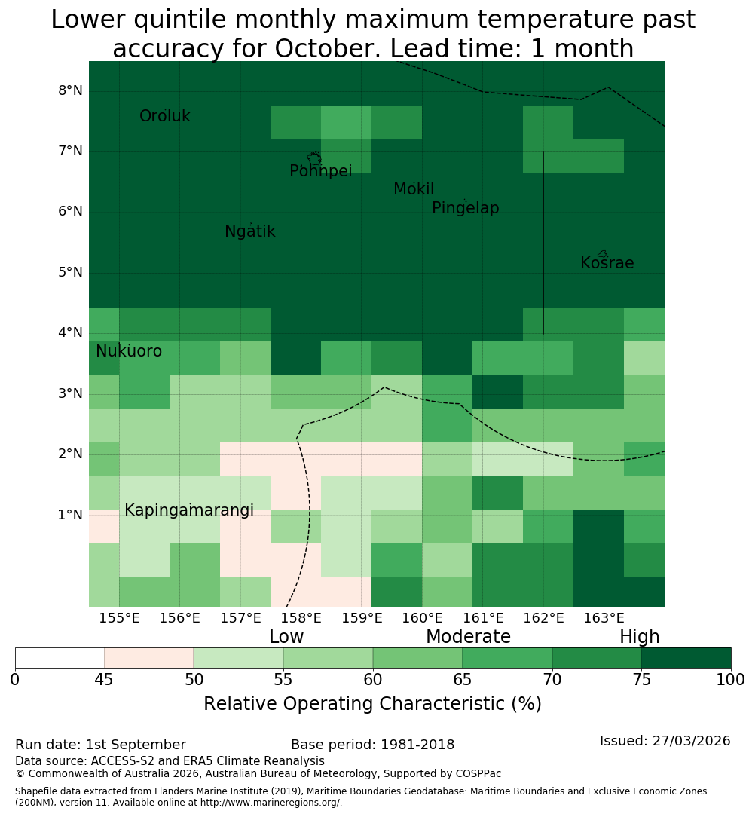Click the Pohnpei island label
pos(320,171)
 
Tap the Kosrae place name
pos(607,263)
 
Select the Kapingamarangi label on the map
pos(189,510)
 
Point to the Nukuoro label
pos(129,351)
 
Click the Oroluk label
pos(164,116)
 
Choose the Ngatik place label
pos(249,231)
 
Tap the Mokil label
pos(414,189)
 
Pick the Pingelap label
pos(465,208)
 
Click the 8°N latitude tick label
pos(70,91)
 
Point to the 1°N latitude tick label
pos(70,515)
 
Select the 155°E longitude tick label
pos(119,618)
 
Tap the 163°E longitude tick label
pos(604,618)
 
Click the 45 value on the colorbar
pos(104,680)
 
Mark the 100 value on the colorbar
pos(731,680)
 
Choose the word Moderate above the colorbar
pos(468,636)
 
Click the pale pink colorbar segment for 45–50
pos(149,658)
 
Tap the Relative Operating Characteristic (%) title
pos(373,704)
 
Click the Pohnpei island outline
pos(314,158)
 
